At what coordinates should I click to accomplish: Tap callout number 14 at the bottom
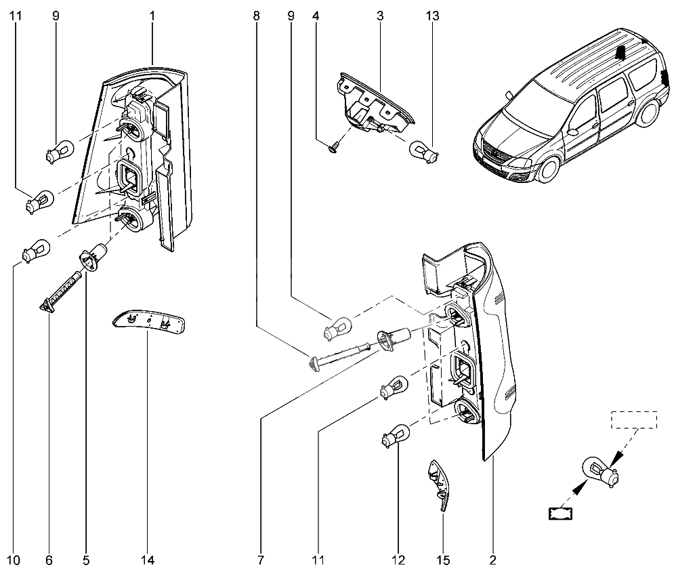(x=148, y=560)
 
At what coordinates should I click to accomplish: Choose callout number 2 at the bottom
(x=492, y=560)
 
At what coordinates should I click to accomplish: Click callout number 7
(x=261, y=560)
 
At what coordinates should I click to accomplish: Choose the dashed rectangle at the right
(x=635, y=419)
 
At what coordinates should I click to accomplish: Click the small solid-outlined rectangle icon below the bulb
(x=560, y=514)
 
